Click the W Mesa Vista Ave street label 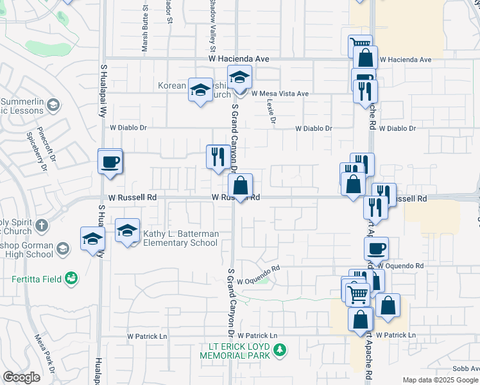[x=280, y=94]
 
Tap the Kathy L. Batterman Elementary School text [x=180, y=238]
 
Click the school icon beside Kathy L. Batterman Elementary [x=128, y=230]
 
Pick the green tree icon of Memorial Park [x=279, y=350]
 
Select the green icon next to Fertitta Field [x=73, y=278]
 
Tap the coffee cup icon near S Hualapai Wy [x=110, y=161]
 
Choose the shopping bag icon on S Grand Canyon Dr [x=240, y=187]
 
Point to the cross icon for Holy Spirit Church [x=42, y=225]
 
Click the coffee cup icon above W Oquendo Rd [x=376, y=248]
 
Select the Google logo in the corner [x=21, y=377]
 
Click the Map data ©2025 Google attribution [x=440, y=380]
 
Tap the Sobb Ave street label [x=465, y=368]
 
